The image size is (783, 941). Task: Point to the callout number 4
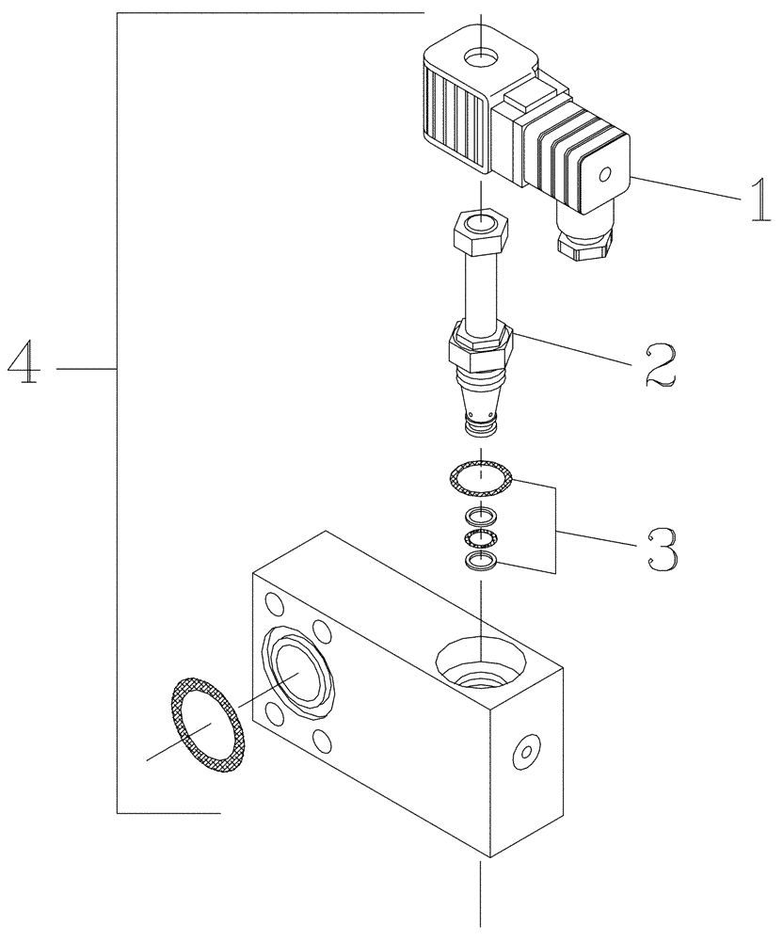coord(25,363)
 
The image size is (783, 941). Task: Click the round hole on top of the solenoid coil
coord(482,57)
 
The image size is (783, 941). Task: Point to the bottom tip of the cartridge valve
coord(480,429)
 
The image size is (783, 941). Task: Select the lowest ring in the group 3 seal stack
coord(481,563)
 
